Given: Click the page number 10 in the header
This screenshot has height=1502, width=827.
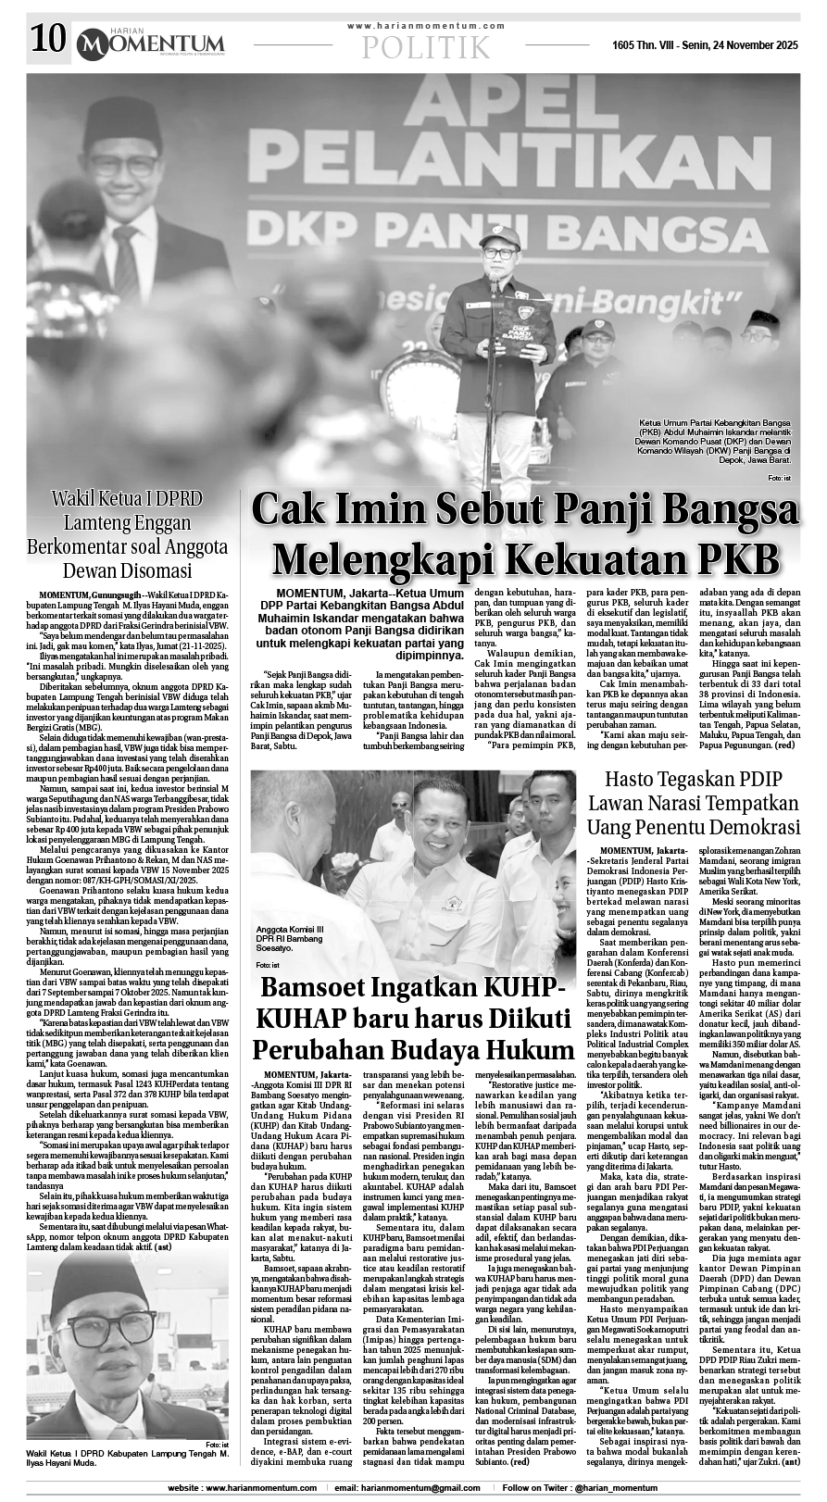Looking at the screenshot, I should click(x=48, y=40).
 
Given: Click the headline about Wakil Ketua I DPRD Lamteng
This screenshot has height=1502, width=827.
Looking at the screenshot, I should click(x=129, y=534).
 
